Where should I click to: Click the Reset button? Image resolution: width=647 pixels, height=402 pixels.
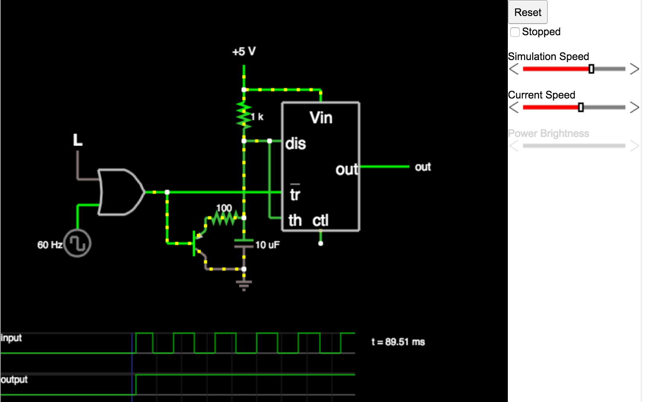tap(527, 12)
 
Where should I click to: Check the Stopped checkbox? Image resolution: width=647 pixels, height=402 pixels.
tap(515, 32)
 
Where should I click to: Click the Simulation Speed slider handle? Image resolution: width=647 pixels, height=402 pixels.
tap(591, 69)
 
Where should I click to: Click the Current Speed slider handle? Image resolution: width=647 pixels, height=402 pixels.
tap(581, 107)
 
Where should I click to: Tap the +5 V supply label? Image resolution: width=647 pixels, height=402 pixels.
tap(244, 52)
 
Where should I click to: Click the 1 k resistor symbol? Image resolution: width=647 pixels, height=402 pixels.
tap(244, 115)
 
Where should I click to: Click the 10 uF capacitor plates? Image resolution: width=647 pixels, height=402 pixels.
tap(244, 243)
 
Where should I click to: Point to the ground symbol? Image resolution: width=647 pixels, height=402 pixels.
tap(244, 284)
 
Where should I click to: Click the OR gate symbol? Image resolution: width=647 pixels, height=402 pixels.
tap(120, 192)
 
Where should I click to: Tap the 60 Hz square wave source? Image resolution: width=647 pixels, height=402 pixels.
tap(78, 243)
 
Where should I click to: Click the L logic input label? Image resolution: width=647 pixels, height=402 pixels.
tap(78, 140)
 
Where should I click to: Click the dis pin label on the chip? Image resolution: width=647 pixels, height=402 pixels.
tap(296, 144)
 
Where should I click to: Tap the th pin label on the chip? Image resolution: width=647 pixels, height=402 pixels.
tap(295, 220)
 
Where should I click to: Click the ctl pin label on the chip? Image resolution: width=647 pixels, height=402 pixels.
tap(320, 220)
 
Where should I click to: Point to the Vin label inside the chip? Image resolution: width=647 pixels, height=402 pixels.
tap(321, 118)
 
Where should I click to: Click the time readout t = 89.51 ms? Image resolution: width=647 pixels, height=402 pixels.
tap(398, 342)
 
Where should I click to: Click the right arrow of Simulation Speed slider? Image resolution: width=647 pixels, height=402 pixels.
tap(634, 69)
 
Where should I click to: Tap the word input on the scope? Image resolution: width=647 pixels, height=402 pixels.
tap(11, 338)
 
